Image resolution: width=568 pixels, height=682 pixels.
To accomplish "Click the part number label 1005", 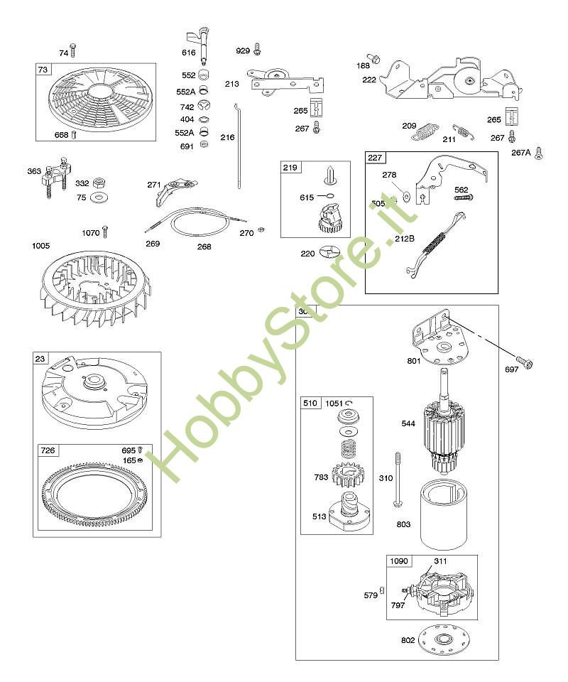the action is coord(41,247).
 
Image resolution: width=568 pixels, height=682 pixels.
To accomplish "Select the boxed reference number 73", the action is coord(43,69).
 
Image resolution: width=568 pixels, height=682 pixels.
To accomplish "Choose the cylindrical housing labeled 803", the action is coord(447,514).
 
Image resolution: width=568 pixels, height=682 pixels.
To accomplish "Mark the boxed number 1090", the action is coord(400,561).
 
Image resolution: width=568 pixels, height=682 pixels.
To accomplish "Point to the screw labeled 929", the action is coord(257,50).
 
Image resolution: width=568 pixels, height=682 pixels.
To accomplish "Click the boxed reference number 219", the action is coord(291,168).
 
